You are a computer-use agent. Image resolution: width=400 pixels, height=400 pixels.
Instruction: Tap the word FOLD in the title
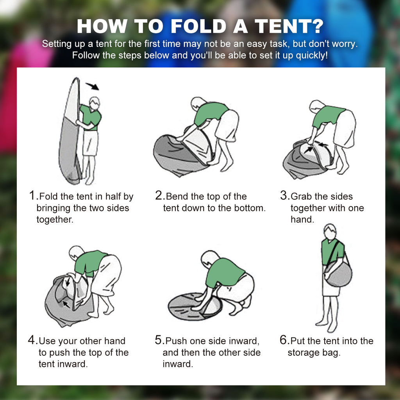tap(199, 26)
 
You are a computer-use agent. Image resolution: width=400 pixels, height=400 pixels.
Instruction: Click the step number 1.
tap(33, 195)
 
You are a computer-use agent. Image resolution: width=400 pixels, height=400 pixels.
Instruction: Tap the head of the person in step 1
tap(94, 103)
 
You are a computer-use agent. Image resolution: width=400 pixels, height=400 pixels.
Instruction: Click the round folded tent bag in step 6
tap(338, 274)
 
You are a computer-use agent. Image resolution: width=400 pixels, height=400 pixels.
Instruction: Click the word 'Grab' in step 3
tap(302, 196)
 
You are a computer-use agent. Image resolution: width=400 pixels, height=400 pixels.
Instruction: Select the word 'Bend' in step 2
tap(177, 196)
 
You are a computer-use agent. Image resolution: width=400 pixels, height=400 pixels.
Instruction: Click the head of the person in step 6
tap(330, 232)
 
